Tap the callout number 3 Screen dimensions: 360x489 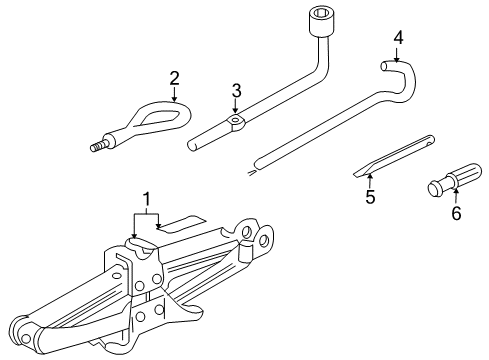[236, 91]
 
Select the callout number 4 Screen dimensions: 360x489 [398, 38]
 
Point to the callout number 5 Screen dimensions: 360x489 [369, 196]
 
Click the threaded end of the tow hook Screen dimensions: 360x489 [98, 148]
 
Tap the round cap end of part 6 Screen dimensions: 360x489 [436, 188]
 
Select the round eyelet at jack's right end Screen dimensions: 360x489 [265, 240]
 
